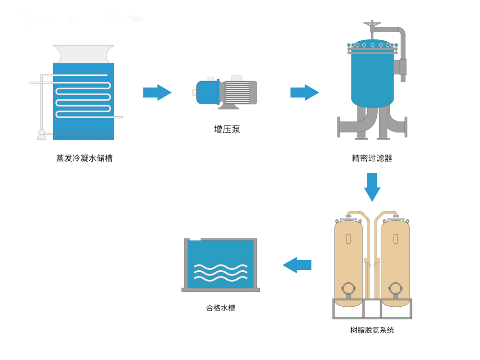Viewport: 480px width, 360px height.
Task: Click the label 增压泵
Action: pyautogui.click(x=227, y=129)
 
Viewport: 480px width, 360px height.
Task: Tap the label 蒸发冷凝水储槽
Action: pyautogui.click(x=84, y=158)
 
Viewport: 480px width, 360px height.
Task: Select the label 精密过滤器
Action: pyautogui.click(x=372, y=158)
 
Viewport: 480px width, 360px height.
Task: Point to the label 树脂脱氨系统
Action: pyautogui.click(x=372, y=330)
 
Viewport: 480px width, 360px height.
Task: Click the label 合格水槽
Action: pyautogui.click(x=221, y=308)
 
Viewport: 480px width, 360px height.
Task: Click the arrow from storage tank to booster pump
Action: pyautogui.click(x=157, y=92)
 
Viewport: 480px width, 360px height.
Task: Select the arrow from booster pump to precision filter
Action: pyautogui.click(x=304, y=92)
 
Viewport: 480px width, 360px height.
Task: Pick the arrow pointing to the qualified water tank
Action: pyautogui.click(x=297, y=264)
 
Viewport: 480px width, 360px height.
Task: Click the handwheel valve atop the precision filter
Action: pyautogui.click(x=372, y=24)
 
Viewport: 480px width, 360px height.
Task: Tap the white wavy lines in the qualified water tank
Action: pyautogui.click(x=220, y=272)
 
